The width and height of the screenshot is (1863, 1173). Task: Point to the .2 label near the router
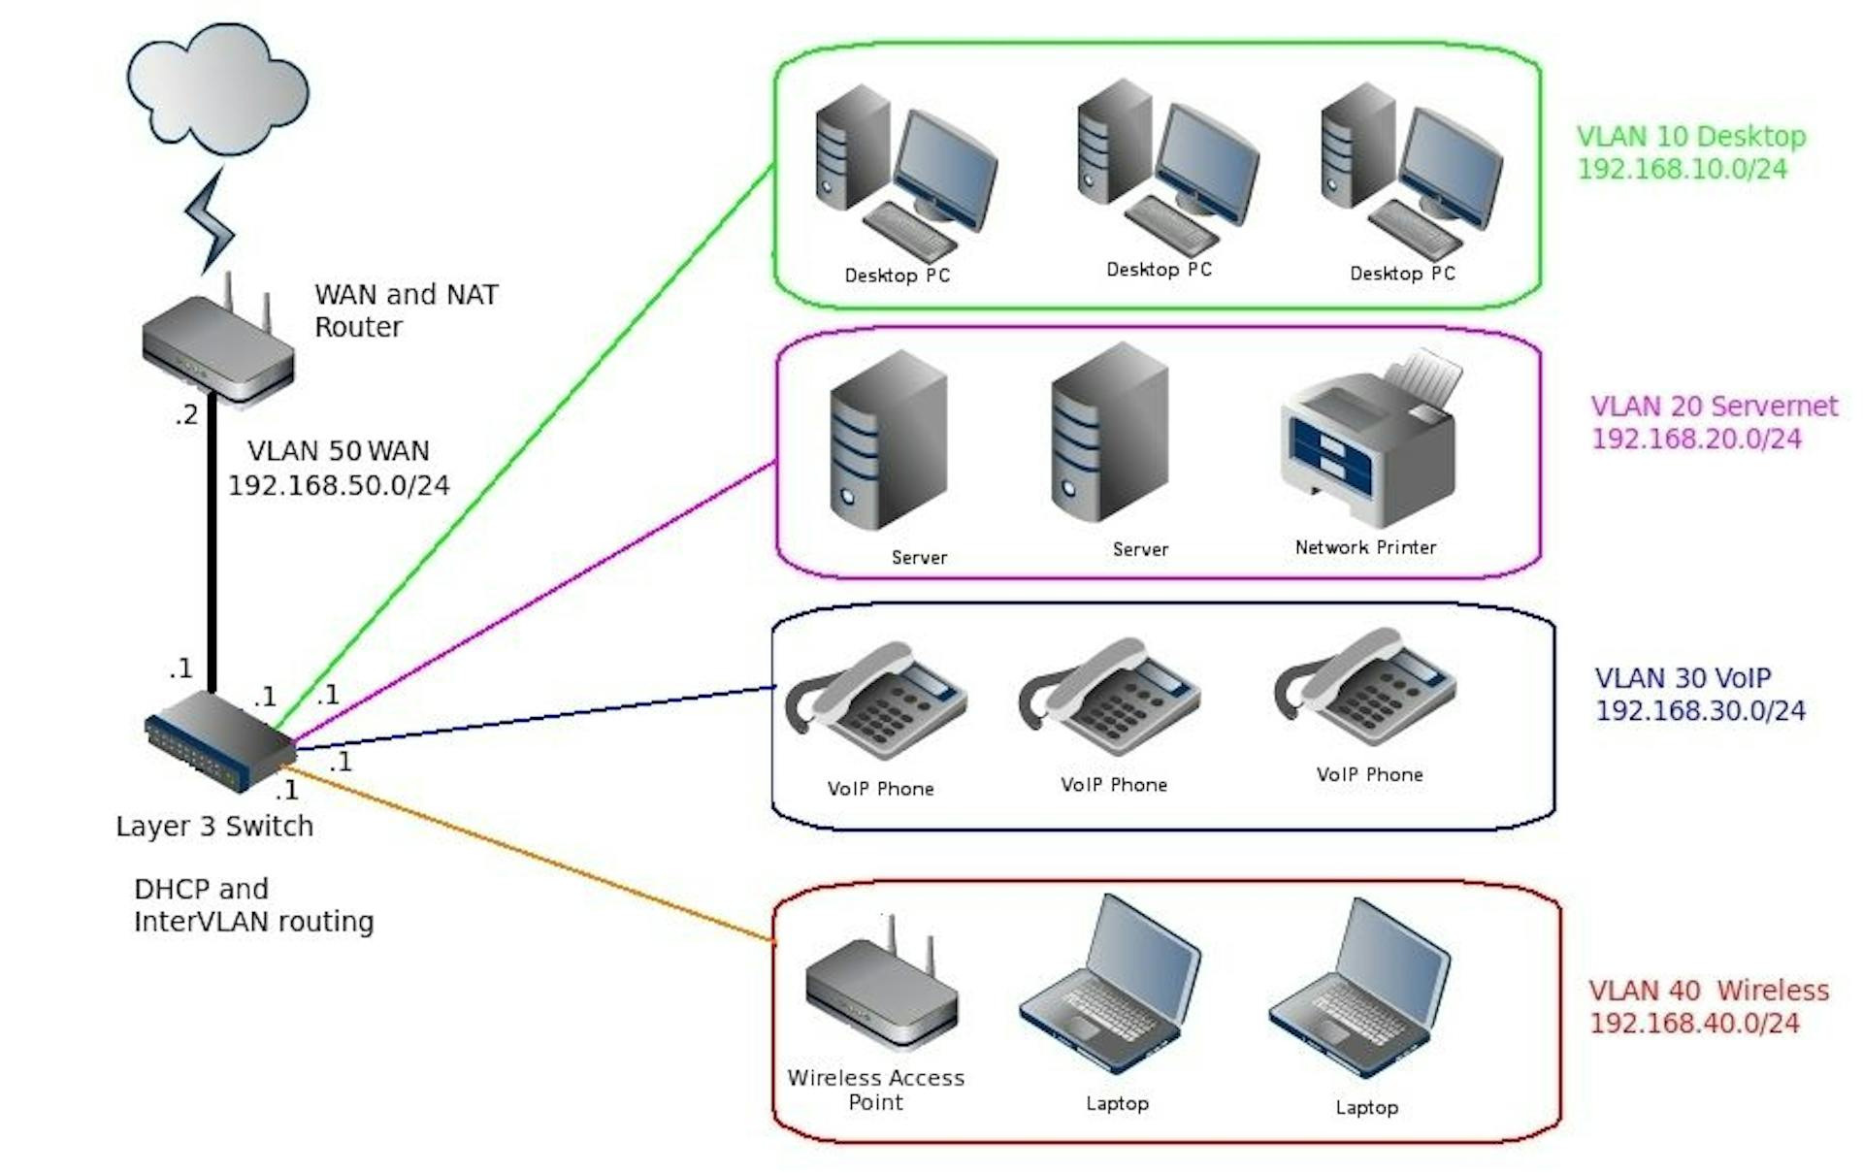point(186,415)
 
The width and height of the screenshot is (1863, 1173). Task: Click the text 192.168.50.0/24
point(339,485)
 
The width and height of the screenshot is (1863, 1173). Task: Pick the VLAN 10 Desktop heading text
point(1690,137)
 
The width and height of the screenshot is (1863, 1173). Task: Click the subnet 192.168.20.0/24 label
point(1696,439)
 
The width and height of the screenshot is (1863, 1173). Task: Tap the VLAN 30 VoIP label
point(1683,677)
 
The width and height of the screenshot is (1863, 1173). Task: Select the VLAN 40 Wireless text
point(1708,991)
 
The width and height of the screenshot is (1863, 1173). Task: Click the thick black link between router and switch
point(212,543)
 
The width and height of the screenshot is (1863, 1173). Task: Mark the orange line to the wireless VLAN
point(534,854)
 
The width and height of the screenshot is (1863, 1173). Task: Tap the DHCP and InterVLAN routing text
point(252,905)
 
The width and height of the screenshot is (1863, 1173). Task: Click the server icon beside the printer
point(1109,437)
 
